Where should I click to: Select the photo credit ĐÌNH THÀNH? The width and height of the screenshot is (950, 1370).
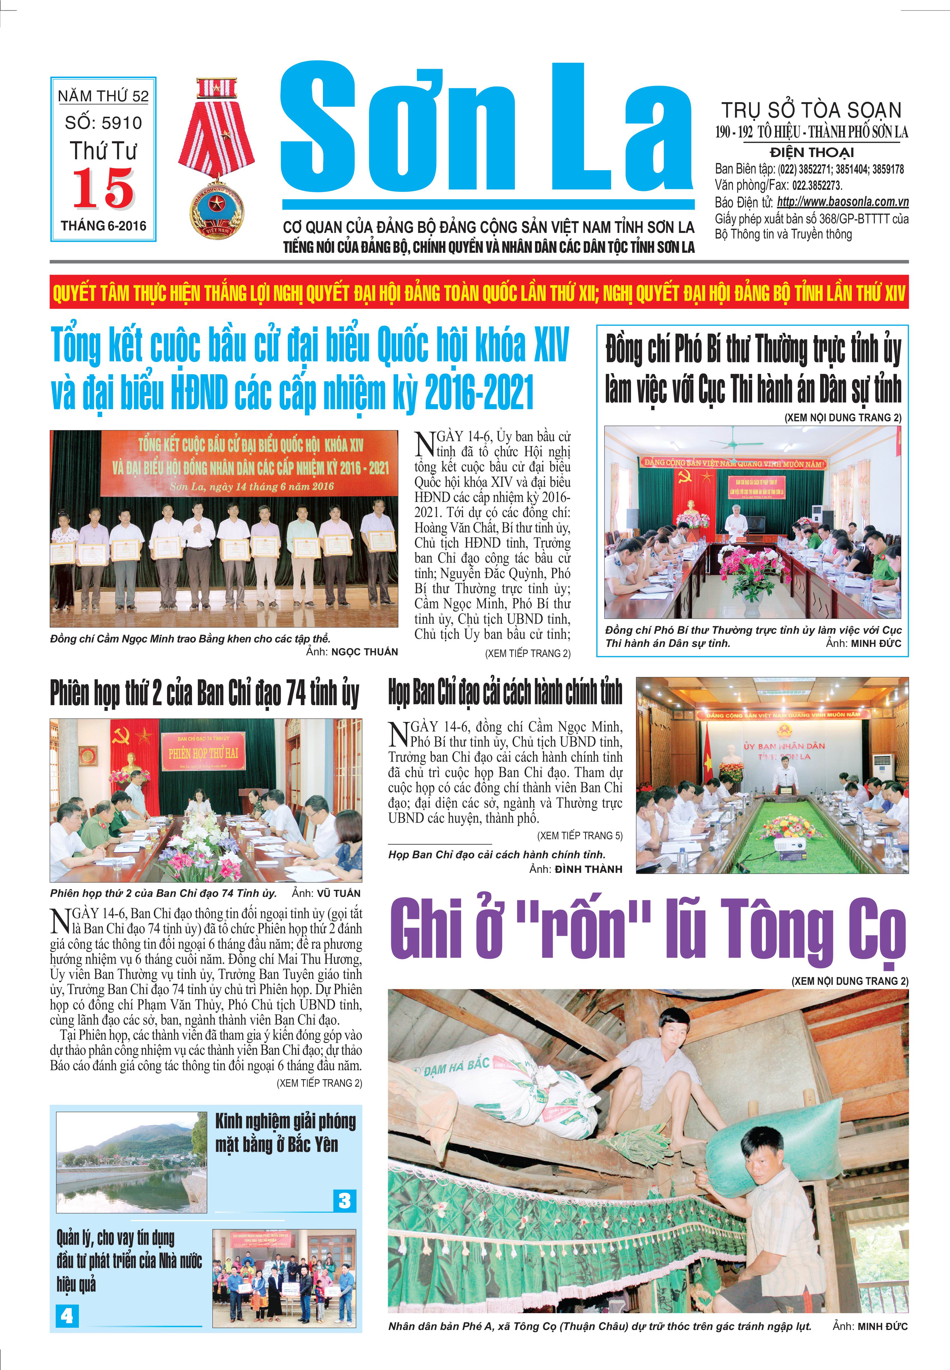(x=588, y=869)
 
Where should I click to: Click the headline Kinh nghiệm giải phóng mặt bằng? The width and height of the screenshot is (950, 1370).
(x=285, y=1133)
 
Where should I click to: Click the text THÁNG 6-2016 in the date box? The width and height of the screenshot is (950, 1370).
(x=104, y=226)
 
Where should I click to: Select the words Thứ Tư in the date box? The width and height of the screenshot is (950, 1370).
(x=104, y=151)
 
